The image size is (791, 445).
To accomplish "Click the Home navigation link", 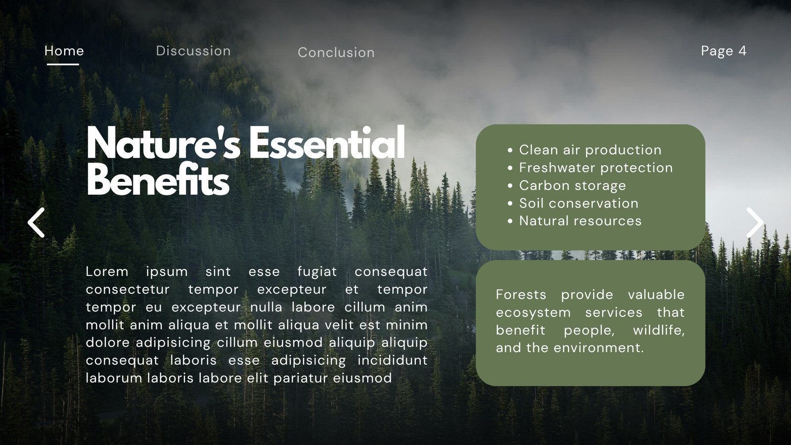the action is (64, 51).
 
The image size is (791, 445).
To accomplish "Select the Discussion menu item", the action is (193, 51).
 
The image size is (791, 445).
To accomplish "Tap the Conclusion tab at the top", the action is (336, 52).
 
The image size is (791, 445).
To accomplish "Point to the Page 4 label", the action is (724, 51).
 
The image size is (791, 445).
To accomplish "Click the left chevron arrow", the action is (36, 222).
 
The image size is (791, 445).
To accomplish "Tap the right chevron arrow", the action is (755, 222).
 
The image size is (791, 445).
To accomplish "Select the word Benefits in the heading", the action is (158, 179).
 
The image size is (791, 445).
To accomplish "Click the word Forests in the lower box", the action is (521, 295).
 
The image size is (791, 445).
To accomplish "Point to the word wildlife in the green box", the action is (659, 330).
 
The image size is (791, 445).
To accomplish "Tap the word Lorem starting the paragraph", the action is (107, 271).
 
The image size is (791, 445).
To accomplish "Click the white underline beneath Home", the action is (63, 64).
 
